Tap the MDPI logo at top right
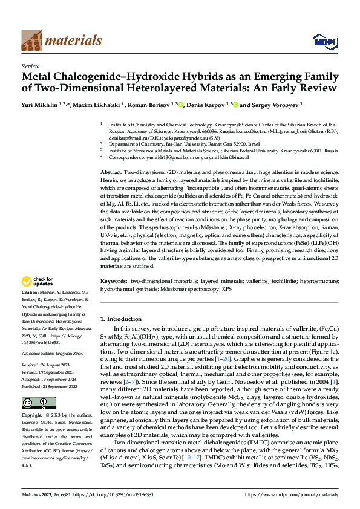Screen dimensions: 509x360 [321, 41]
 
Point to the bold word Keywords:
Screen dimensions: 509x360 [113, 281]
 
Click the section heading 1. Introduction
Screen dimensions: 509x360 [120, 319]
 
